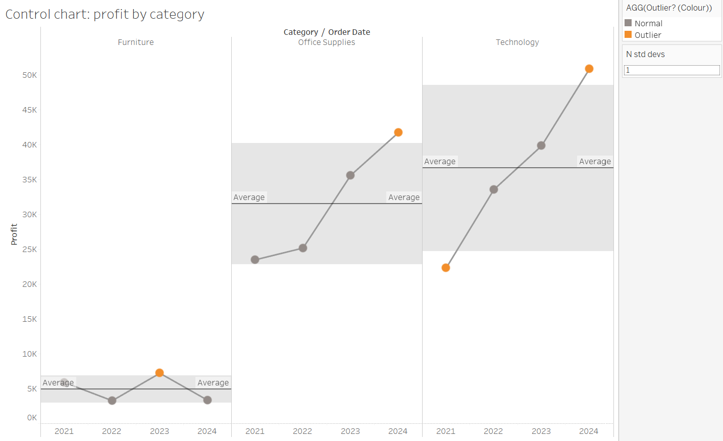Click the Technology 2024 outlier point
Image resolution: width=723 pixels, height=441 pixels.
589,69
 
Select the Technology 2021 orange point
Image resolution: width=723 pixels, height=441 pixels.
446,268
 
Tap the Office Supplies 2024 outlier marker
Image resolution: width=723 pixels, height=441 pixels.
398,132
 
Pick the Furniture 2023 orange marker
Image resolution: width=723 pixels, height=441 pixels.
160,373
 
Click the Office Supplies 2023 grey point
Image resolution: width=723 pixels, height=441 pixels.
350,175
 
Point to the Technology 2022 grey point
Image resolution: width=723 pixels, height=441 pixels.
494,189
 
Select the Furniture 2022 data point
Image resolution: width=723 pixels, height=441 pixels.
112,401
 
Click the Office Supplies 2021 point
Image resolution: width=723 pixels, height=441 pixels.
255,260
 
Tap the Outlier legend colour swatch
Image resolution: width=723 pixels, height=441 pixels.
628,35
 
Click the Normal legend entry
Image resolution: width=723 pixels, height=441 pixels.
648,23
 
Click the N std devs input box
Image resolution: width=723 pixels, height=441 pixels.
672,70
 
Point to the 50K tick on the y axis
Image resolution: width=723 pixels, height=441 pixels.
30,75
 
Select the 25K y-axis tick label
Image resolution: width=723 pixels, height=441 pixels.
30,250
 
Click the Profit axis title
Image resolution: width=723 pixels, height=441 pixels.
14,234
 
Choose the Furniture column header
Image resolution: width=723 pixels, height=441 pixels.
136,42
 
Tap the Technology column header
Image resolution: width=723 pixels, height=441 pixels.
517,42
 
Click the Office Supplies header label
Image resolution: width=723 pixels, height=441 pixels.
327,42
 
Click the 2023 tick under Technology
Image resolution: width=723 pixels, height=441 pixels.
541,431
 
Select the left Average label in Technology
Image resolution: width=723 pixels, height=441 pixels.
440,162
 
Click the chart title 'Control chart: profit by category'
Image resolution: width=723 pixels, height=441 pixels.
105,14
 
